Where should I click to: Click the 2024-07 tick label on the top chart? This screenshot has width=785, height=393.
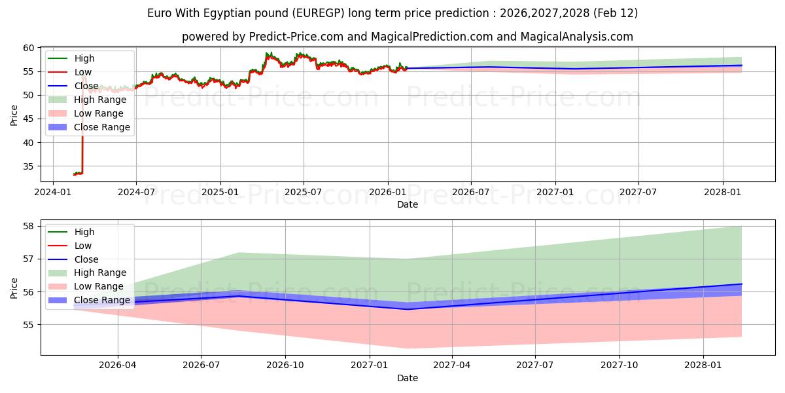point(136,192)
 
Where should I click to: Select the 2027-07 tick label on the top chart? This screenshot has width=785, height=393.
point(638,192)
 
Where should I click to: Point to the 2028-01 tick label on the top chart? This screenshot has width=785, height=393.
point(722,192)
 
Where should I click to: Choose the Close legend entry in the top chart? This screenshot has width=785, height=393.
point(86,86)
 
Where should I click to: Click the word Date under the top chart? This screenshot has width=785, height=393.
point(408,204)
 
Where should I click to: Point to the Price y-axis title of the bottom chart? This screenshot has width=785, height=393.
point(14,288)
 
